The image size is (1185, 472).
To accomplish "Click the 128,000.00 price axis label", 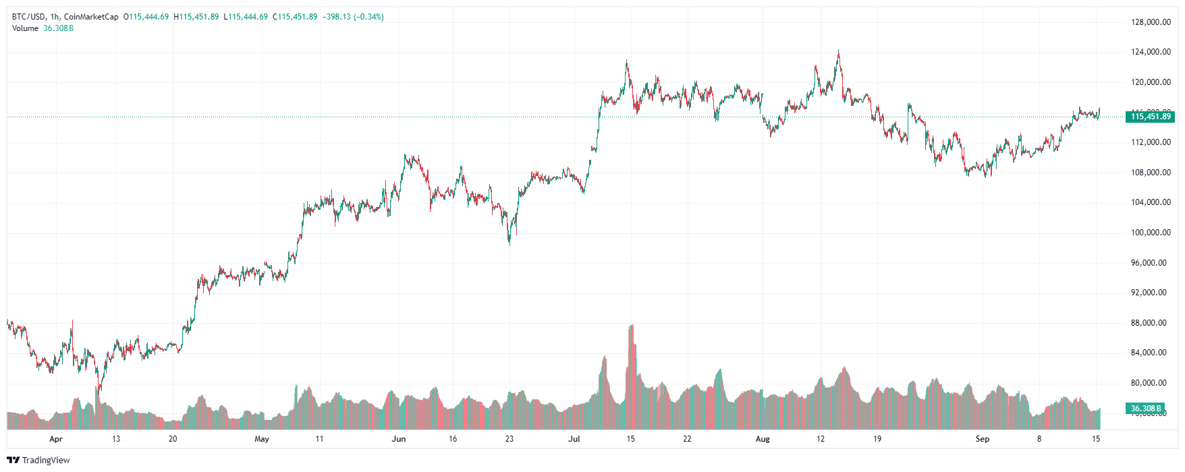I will click(1151, 22).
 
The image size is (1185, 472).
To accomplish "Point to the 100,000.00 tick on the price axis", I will click(1151, 233).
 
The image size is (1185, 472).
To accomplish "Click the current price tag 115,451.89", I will click(1151, 117).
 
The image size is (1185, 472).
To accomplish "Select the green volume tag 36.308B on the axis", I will click(1146, 409).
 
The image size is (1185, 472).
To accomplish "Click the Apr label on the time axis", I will click(56, 439).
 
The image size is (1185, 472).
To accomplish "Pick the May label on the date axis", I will click(262, 439).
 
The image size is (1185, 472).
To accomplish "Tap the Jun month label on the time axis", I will click(399, 439).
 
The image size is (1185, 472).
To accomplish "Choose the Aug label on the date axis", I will click(763, 439).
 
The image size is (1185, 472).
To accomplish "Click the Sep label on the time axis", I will click(983, 439).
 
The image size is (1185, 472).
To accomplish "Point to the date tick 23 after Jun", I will click(509, 439).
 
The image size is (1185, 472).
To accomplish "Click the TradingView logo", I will click(38, 460).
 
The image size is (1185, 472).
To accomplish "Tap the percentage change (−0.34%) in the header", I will click(368, 17).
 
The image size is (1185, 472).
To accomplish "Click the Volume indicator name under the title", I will click(25, 28).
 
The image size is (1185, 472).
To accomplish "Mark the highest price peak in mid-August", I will click(839, 51).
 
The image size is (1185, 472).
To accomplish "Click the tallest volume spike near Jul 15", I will click(632, 326).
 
